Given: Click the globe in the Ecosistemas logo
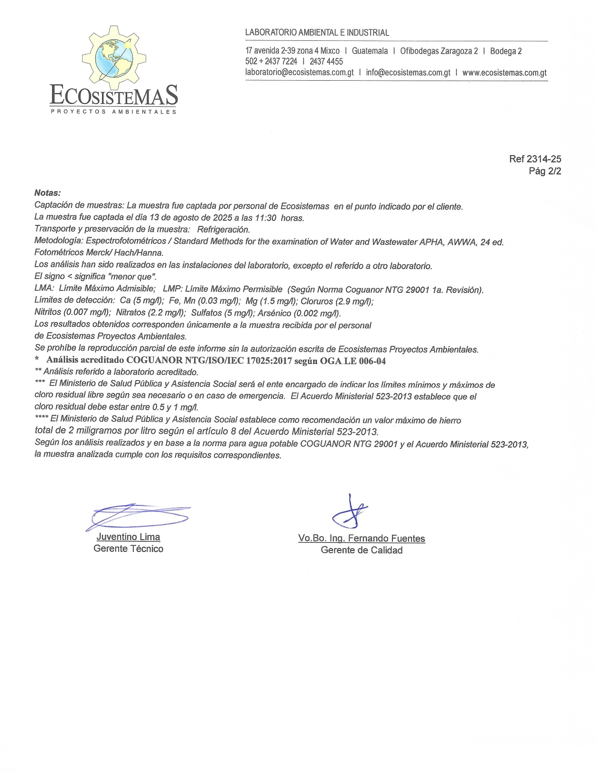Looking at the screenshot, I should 114,58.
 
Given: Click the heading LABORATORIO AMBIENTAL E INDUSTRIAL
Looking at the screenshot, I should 317,33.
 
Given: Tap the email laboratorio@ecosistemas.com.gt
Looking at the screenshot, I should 299,73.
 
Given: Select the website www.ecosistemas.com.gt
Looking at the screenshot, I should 504,73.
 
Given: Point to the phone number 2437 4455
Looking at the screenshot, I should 326,62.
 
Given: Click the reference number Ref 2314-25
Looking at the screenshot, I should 535,159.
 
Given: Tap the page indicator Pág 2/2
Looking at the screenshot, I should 545,171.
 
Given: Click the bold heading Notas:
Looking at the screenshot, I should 47,193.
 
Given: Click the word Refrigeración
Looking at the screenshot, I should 223,230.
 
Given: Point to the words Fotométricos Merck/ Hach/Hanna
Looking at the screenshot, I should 99,253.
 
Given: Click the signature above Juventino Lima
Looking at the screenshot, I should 138,516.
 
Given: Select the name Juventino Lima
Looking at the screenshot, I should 128,537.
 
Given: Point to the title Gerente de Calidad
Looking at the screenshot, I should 362,550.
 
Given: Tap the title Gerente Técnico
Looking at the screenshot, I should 128,549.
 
